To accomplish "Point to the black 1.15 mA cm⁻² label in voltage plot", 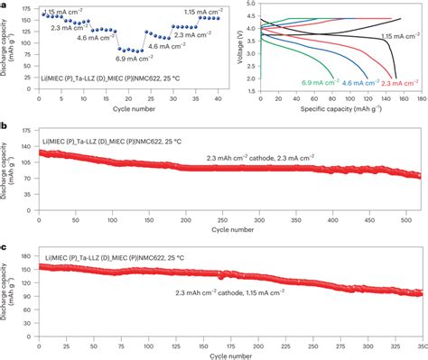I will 397,36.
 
